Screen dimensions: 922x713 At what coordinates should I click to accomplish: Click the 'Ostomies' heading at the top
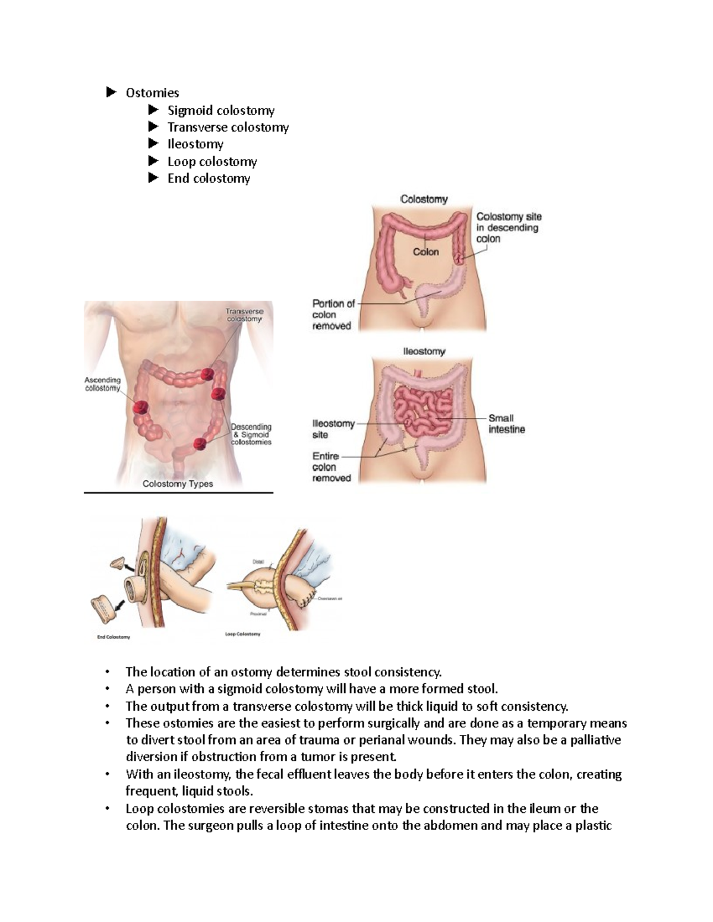152,93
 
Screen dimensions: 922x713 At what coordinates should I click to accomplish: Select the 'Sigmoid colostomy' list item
220,110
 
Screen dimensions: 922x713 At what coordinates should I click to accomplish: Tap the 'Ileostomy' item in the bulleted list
195,144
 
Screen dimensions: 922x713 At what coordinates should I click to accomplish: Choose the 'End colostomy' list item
209,178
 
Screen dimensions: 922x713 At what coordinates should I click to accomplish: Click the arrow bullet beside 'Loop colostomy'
154,161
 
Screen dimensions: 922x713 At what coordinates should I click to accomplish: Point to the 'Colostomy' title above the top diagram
424,199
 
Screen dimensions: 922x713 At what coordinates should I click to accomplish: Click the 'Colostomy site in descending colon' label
509,227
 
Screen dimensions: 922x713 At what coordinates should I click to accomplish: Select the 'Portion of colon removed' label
333,315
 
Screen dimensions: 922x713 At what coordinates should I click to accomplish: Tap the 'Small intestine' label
506,423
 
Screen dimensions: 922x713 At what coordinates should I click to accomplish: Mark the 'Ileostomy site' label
333,429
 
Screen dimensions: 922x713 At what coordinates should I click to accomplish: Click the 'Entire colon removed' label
332,467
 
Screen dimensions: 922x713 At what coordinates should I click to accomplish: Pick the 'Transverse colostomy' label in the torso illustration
244,315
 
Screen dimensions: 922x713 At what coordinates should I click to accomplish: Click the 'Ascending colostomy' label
102,384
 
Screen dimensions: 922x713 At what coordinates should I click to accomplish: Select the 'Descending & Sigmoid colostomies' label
251,434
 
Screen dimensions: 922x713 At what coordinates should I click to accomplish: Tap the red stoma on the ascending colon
141,407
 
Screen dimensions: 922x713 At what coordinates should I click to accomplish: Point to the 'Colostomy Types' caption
178,484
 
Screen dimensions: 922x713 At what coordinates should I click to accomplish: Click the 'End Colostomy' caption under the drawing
113,637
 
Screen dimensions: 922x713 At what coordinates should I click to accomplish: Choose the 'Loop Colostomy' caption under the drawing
242,634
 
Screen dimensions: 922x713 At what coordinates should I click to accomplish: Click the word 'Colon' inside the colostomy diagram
425,252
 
